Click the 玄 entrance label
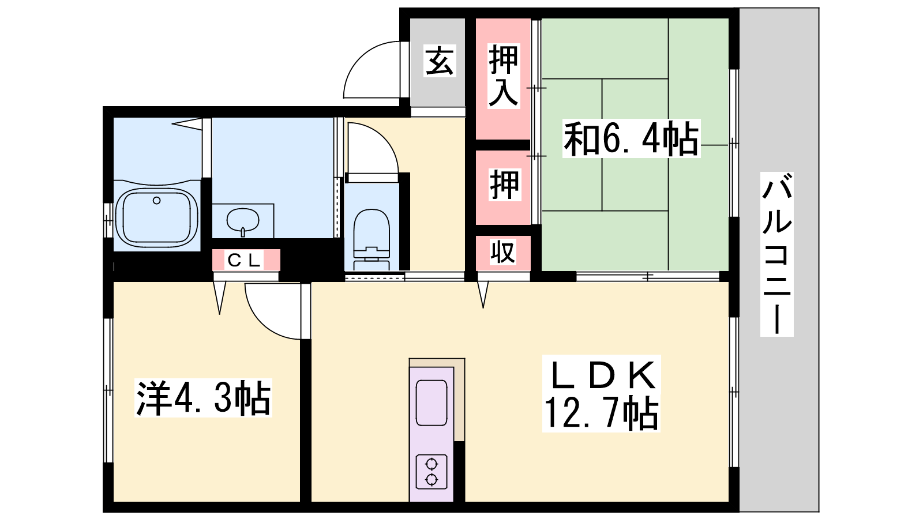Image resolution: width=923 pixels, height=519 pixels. (x=440, y=61)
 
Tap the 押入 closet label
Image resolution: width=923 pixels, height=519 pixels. (x=504, y=76)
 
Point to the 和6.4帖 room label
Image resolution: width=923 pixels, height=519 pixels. (x=631, y=138)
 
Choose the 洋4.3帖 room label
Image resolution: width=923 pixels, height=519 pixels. (x=203, y=398)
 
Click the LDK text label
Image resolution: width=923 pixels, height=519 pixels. (x=601, y=375)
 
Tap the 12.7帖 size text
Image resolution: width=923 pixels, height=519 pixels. (x=601, y=413)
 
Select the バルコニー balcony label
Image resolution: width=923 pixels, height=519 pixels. (x=776, y=254)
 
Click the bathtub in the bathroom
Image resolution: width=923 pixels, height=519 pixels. (x=156, y=217)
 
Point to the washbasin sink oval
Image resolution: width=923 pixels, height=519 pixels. (x=243, y=220)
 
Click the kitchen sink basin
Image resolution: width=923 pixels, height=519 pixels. (x=432, y=403)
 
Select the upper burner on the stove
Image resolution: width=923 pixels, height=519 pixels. (x=432, y=464)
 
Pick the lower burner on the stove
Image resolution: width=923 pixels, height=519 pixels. (x=432, y=480)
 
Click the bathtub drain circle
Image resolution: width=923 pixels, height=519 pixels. (x=156, y=201)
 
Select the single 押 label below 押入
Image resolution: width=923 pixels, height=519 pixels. (x=504, y=185)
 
